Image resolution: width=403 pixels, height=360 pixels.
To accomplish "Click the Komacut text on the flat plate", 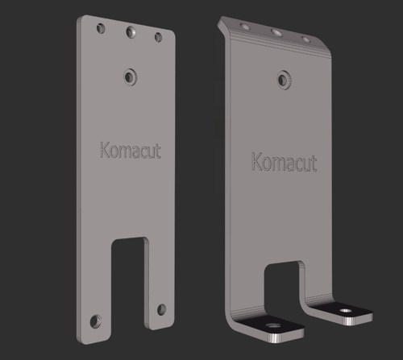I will click(x=130, y=151).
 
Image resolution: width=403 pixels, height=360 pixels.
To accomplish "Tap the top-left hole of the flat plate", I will click(x=100, y=28).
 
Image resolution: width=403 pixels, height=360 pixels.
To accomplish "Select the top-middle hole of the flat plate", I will click(x=130, y=33).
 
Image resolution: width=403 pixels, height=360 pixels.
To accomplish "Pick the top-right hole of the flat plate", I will click(x=159, y=37).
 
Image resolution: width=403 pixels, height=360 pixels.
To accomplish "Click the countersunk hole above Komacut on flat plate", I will click(x=130, y=77).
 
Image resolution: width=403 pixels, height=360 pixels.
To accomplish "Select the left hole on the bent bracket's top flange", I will click(x=244, y=28).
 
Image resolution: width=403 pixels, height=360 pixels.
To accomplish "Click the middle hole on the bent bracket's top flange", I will click(x=276, y=33).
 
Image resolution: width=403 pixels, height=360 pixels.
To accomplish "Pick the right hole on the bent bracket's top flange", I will click(x=305, y=39).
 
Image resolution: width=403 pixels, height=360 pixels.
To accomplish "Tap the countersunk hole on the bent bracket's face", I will click(x=283, y=79).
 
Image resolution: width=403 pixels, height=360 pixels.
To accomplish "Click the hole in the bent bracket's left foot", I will click(x=272, y=326).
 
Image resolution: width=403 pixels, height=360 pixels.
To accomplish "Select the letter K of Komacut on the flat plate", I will click(x=104, y=150).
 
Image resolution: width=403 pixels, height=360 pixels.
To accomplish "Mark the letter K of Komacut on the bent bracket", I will click(x=258, y=161).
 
